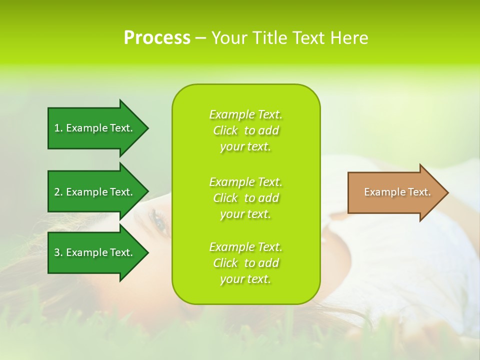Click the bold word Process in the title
tap(157, 38)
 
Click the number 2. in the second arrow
tap(58, 192)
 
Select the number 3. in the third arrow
tap(58, 252)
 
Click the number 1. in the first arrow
tap(58, 128)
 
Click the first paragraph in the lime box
tap(245, 130)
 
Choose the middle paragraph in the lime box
tap(245, 198)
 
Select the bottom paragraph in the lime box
tap(245, 263)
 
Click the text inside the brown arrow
tap(397, 192)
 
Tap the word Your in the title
tap(229, 38)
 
